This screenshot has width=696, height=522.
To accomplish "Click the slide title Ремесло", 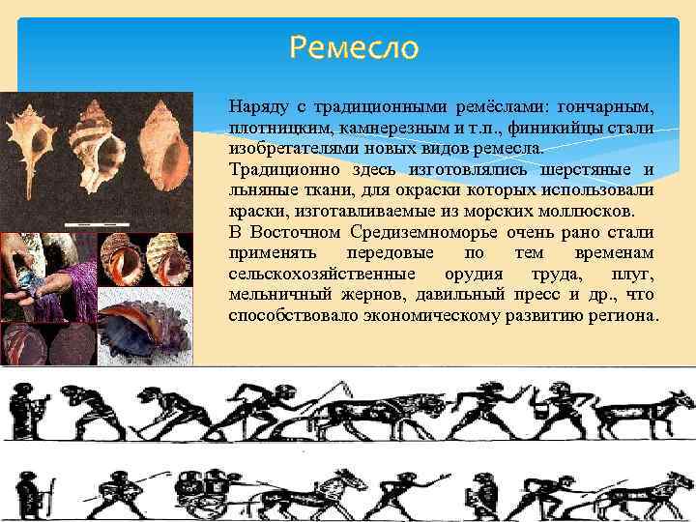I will (x=354, y=45).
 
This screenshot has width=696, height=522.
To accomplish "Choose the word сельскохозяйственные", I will (x=307, y=274).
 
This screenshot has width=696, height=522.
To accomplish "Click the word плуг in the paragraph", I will (x=633, y=274).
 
